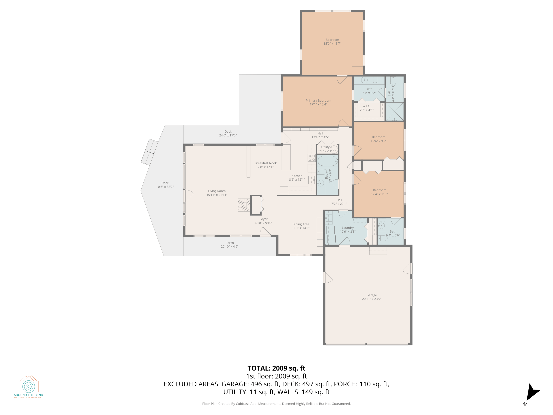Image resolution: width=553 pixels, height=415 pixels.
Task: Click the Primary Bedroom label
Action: point(318,101)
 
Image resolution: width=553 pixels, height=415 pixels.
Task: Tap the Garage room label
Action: point(371,295)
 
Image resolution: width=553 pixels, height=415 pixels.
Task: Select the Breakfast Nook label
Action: point(265,163)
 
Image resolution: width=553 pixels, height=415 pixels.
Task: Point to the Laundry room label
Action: point(347,228)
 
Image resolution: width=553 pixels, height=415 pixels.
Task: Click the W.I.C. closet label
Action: point(366,106)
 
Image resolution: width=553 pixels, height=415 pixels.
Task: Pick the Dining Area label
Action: point(301,224)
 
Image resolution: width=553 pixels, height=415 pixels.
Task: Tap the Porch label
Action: point(229,243)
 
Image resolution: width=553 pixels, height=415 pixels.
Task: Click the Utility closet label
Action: point(325,147)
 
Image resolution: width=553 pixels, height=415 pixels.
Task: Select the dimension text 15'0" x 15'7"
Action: point(332,44)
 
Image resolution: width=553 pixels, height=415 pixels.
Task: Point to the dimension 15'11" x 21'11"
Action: point(217,195)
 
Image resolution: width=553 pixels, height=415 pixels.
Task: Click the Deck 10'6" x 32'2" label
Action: point(165,185)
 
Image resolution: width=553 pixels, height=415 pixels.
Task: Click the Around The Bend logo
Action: point(29,386)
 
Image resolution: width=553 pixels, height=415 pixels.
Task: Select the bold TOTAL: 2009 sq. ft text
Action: point(276,368)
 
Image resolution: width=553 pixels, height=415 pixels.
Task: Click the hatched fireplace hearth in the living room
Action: point(244,205)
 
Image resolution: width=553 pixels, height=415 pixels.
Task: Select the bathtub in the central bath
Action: point(328,161)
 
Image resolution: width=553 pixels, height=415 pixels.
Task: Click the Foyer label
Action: point(263,219)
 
